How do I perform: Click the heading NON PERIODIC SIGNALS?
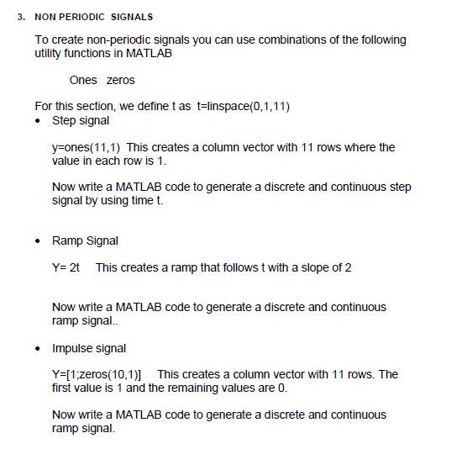click(x=94, y=17)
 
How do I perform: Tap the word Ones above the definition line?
click(x=83, y=80)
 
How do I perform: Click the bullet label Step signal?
click(x=81, y=120)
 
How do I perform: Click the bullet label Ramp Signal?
click(x=85, y=240)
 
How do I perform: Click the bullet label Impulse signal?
click(x=89, y=347)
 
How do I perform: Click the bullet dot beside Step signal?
click(x=39, y=121)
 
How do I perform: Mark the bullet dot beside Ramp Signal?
click(x=39, y=241)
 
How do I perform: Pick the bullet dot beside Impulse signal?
click(x=39, y=348)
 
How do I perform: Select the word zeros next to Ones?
click(x=121, y=80)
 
